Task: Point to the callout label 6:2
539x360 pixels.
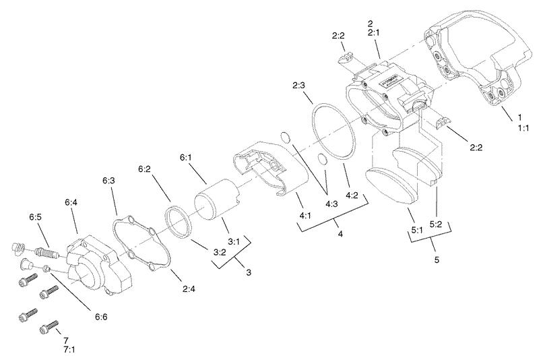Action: (x=145, y=169)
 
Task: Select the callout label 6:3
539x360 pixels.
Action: (x=109, y=181)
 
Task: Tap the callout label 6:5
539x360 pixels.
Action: (x=36, y=217)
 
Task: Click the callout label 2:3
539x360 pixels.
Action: (x=300, y=85)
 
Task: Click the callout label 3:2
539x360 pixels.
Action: (x=219, y=253)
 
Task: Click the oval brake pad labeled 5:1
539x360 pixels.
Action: (x=390, y=185)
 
